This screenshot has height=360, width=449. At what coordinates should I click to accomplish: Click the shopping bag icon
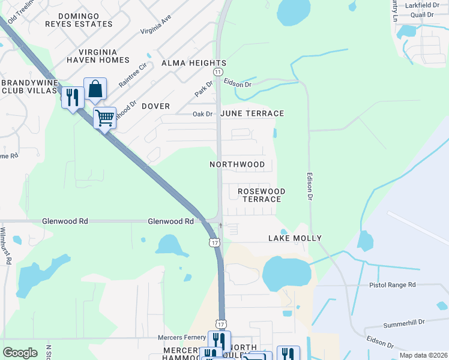(x=95, y=89)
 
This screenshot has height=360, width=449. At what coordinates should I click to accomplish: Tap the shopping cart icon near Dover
(x=104, y=118)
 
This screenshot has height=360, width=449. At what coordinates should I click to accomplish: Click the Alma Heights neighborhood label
(x=193, y=63)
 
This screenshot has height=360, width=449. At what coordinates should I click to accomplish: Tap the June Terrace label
(x=252, y=113)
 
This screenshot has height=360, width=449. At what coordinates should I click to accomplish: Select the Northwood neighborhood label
(x=237, y=164)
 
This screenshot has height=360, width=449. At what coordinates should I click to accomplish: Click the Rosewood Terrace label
(x=261, y=195)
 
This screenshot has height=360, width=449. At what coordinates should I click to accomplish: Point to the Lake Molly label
(x=295, y=238)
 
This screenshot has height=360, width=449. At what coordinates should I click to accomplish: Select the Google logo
(x=20, y=353)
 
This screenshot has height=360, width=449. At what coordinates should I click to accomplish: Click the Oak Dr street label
(x=202, y=113)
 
